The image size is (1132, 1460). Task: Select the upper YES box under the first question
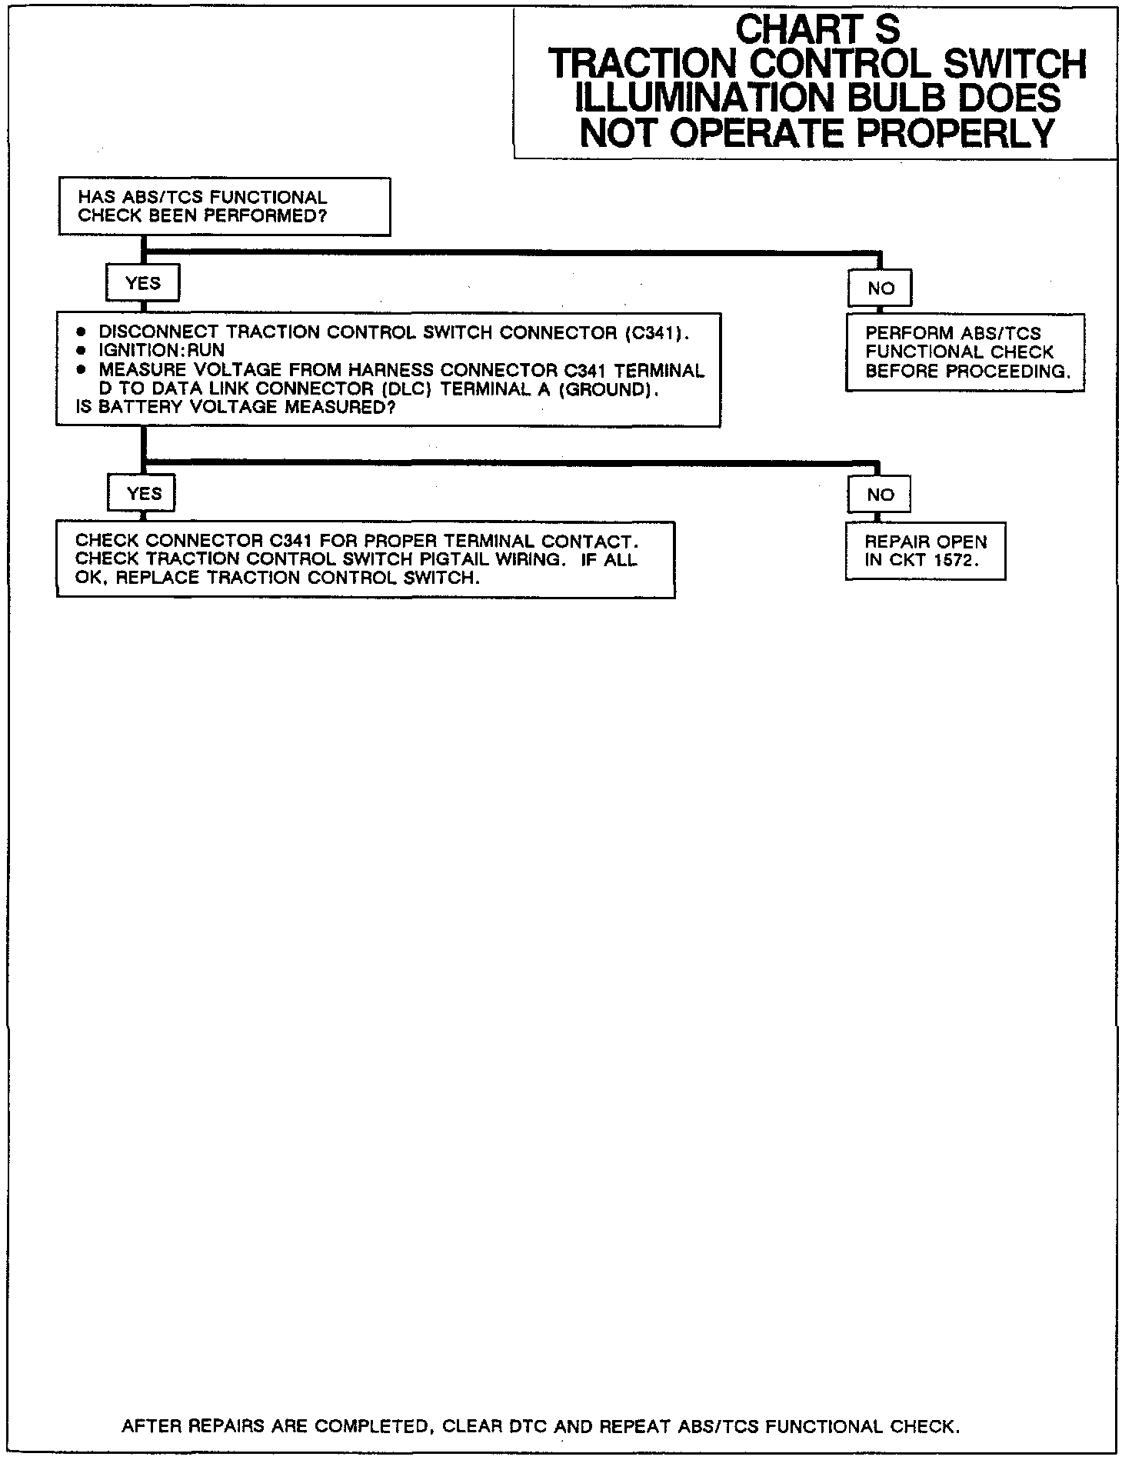point(143,284)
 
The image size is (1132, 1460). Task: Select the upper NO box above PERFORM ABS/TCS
point(881,288)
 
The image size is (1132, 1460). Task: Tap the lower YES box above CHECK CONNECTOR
point(142,494)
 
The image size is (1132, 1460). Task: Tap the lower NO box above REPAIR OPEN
point(880,495)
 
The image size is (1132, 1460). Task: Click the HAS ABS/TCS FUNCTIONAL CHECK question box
point(224,207)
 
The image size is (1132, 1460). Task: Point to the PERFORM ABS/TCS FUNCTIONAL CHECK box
point(965,352)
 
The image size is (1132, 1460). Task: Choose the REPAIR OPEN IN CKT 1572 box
point(925,552)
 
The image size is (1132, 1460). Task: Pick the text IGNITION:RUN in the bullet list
point(161,351)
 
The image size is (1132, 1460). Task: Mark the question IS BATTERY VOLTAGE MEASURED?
point(236,408)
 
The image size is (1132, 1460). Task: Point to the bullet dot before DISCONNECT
point(81,332)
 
